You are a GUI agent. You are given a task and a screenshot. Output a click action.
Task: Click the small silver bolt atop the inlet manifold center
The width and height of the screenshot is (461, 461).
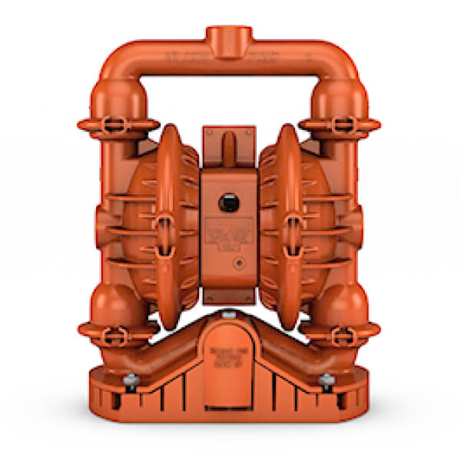click(230, 314)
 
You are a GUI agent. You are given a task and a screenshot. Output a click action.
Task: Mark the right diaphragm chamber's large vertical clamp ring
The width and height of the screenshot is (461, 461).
click(290, 223)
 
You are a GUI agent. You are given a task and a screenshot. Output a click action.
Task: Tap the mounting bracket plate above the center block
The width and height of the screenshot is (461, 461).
click(228, 146)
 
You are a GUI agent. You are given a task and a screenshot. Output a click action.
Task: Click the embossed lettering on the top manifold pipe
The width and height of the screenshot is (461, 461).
click(177, 58)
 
